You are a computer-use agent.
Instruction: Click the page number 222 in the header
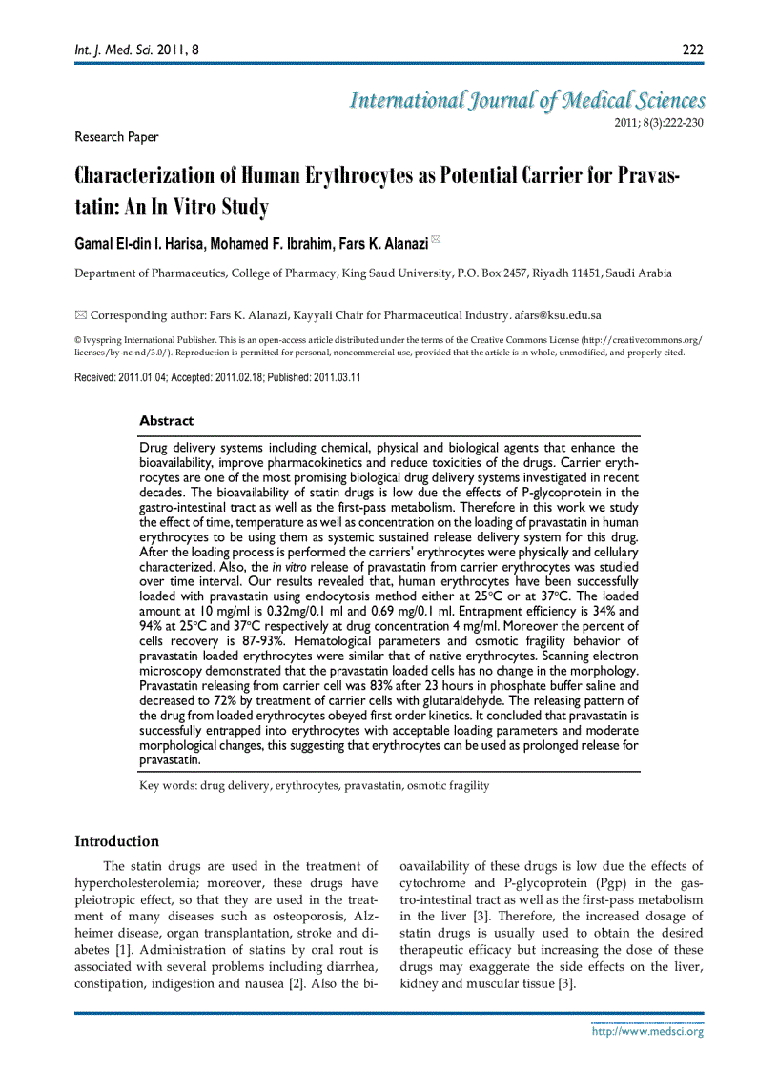[692, 49]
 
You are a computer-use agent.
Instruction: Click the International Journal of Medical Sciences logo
[527, 101]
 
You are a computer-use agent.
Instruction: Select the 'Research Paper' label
[116, 137]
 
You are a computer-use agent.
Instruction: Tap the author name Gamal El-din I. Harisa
[150, 245]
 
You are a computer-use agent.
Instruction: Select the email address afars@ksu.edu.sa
[558, 315]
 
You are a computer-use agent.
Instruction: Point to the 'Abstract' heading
[166, 420]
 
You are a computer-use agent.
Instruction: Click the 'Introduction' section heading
[116, 841]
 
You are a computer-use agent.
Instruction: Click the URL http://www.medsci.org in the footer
[647, 1031]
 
